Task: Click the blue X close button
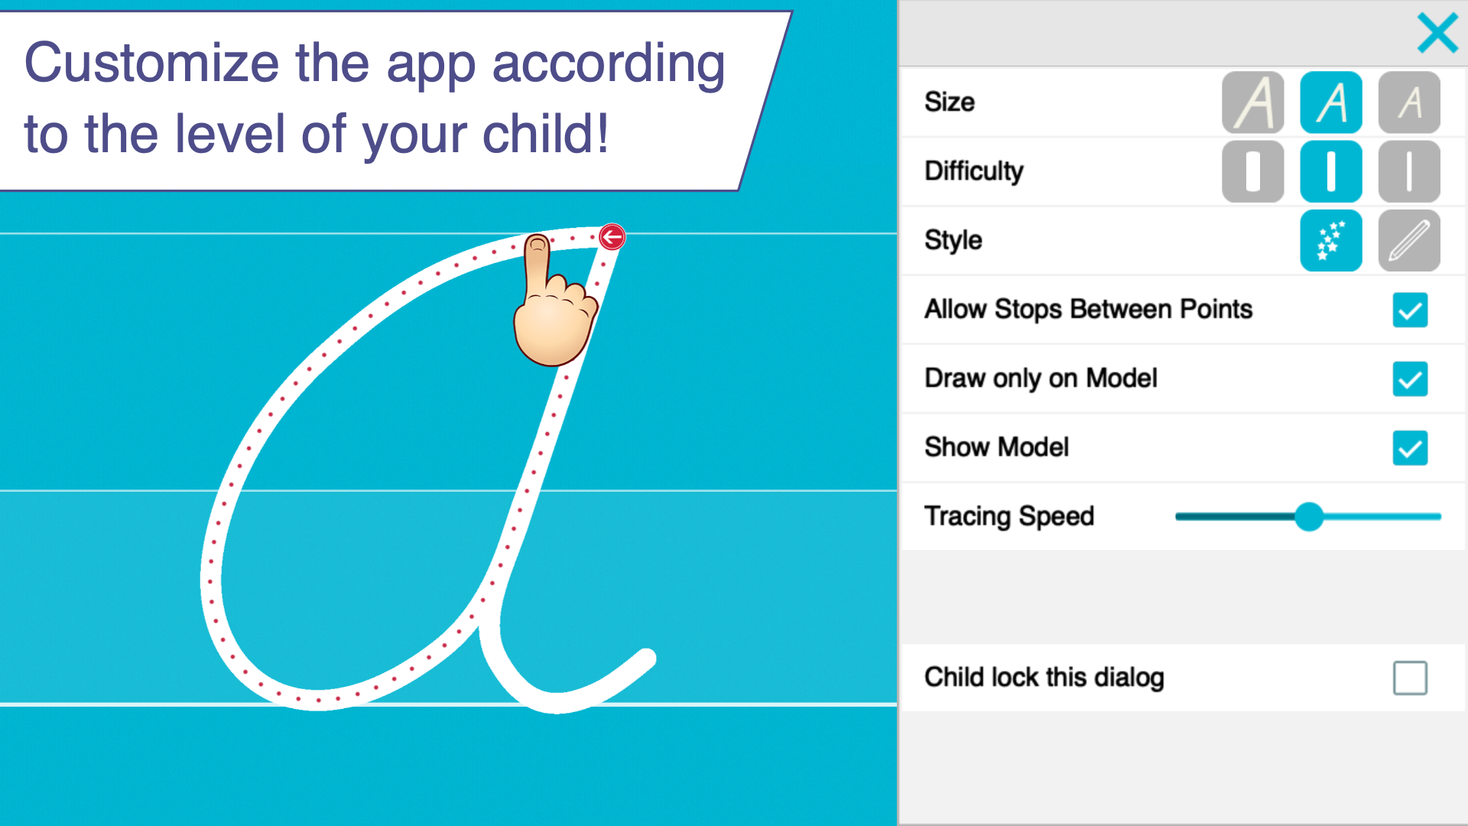coord(1437,33)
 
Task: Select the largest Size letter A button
coord(1252,102)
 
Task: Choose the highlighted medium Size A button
coord(1331,102)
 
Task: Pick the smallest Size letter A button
coord(1409,102)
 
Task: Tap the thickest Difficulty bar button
coord(1252,171)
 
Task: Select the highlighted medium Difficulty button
coord(1331,171)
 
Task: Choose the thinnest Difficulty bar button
coord(1409,171)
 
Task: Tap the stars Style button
coord(1331,240)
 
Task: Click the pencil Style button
coord(1409,240)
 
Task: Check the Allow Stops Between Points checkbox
coord(1410,310)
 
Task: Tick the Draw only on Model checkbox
coord(1410,379)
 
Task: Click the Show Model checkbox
coord(1410,447)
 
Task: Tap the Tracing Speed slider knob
coord(1309,516)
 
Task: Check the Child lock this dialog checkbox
coord(1410,678)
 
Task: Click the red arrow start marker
coord(612,237)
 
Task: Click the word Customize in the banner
coord(152,63)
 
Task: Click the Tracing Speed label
coord(1009,516)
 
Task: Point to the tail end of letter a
coord(647,658)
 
